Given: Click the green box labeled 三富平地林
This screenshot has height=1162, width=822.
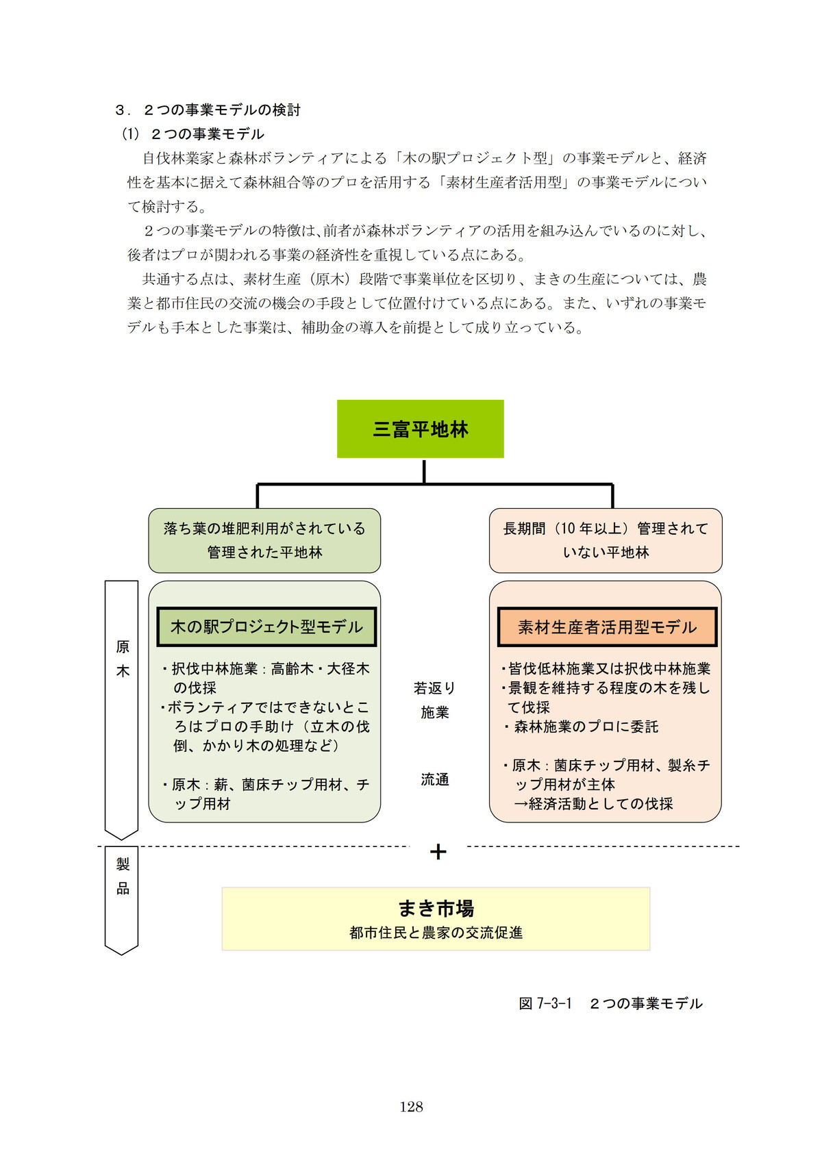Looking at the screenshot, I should [x=420, y=429].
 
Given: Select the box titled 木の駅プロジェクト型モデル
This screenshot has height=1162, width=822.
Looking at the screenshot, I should [x=266, y=627].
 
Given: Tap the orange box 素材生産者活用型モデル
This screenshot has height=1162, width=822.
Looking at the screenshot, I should [x=607, y=627].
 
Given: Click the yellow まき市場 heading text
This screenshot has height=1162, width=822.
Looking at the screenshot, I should [x=436, y=909].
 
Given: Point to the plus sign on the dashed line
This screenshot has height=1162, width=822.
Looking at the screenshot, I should [x=438, y=852].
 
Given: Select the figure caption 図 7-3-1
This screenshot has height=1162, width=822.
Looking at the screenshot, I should [x=545, y=1003].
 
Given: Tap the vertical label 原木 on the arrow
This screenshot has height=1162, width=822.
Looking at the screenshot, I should [x=123, y=659].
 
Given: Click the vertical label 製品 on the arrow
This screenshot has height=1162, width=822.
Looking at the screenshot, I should [x=123, y=876].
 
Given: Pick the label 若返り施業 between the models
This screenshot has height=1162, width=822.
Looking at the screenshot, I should [x=434, y=700].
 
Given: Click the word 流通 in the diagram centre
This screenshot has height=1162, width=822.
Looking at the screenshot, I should [x=434, y=779].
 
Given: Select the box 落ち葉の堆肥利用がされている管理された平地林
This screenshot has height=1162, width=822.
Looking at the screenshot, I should [x=264, y=540].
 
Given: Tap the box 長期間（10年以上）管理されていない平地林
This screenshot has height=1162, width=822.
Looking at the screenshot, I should [x=606, y=540].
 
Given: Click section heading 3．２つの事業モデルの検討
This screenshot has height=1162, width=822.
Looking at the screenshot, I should [x=208, y=110].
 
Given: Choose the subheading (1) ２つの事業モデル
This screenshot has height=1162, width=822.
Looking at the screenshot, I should [x=193, y=134].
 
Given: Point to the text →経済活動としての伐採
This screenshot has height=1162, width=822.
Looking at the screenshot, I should [x=593, y=803].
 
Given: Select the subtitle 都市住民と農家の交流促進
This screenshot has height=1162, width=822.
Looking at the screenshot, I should [x=436, y=933].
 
